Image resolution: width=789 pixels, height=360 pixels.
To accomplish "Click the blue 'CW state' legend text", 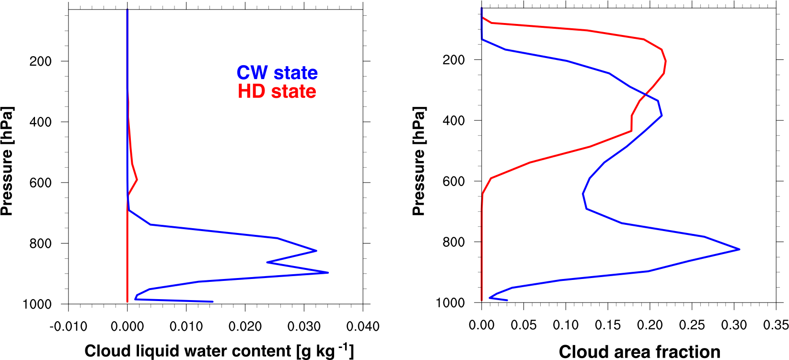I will click(277, 73).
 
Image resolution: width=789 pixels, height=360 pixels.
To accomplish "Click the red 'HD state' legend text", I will click(277, 92).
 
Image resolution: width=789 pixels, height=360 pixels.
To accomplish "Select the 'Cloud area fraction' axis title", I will click(639, 351).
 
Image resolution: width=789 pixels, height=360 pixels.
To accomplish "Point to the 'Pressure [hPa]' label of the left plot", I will click(7, 161).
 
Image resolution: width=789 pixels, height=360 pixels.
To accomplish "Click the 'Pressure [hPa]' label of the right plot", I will click(419, 161).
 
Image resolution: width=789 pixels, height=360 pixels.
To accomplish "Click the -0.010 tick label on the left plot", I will click(69, 326).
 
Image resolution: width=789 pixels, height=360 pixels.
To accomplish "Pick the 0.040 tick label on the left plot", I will click(363, 326).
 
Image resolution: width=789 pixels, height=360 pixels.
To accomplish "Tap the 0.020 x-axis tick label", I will click(245, 326).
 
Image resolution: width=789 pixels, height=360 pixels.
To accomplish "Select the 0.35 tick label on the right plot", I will click(776, 325).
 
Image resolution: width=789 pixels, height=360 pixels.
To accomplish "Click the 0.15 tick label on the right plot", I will click(608, 325).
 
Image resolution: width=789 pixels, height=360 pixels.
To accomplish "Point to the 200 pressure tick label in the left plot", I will click(41, 61).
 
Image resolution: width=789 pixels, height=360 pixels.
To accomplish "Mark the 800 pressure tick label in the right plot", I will click(453, 242).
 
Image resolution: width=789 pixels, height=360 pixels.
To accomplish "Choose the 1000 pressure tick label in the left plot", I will click(37, 304).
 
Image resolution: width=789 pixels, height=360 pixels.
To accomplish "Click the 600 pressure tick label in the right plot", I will click(453, 181).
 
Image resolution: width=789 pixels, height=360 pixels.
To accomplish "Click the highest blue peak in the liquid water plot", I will click(328, 272).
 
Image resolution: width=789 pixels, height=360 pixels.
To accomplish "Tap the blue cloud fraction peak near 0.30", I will click(739, 249).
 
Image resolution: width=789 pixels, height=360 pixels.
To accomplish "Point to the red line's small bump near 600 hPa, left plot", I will click(137, 180).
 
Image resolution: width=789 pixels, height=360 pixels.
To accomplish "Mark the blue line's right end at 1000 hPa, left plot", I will click(212, 302).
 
